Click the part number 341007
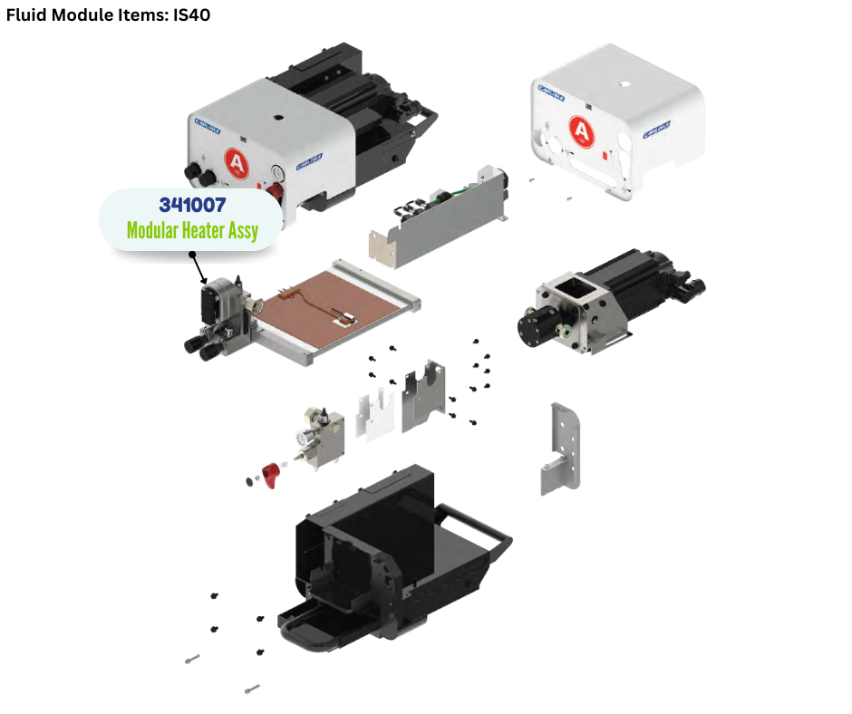[x=191, y=205]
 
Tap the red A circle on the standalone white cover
[x=581, y=131]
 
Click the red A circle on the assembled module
[x=237, y=164]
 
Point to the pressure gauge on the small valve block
[x=301, y=437]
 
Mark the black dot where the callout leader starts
[x=191, y=255]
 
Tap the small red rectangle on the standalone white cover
[x=605, y=153]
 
